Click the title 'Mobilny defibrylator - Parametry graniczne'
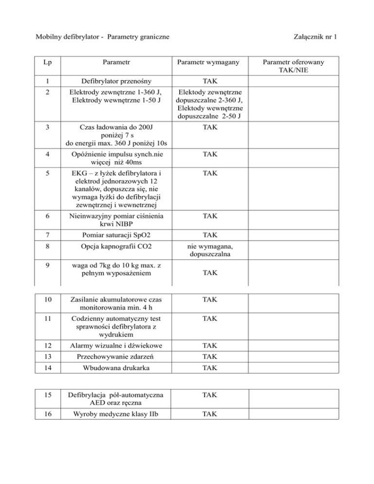pyautogui.click(x=103, y=37)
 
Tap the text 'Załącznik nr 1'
pyautogui.click(x=317, y=37)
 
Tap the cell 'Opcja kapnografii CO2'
pyautogui.click(x=115, y=247)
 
